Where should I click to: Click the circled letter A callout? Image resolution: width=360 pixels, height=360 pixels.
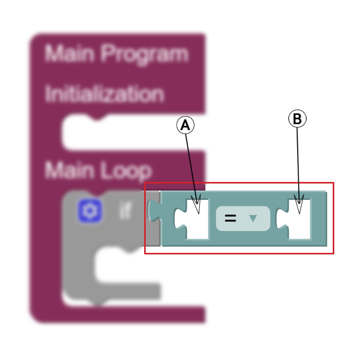[185, 125]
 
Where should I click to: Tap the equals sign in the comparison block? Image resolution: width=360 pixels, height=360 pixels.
[230, 219]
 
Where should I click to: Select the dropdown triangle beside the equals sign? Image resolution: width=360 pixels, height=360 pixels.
[253, 219]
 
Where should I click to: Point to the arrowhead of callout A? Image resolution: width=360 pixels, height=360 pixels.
[197, 206]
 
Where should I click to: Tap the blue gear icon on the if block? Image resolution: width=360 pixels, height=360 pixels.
[90, 211]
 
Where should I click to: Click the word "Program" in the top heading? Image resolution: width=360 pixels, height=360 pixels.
[145, 54]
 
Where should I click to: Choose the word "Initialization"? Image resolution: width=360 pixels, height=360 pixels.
[104, 94]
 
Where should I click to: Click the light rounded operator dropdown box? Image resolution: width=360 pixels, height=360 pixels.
[243, 219]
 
